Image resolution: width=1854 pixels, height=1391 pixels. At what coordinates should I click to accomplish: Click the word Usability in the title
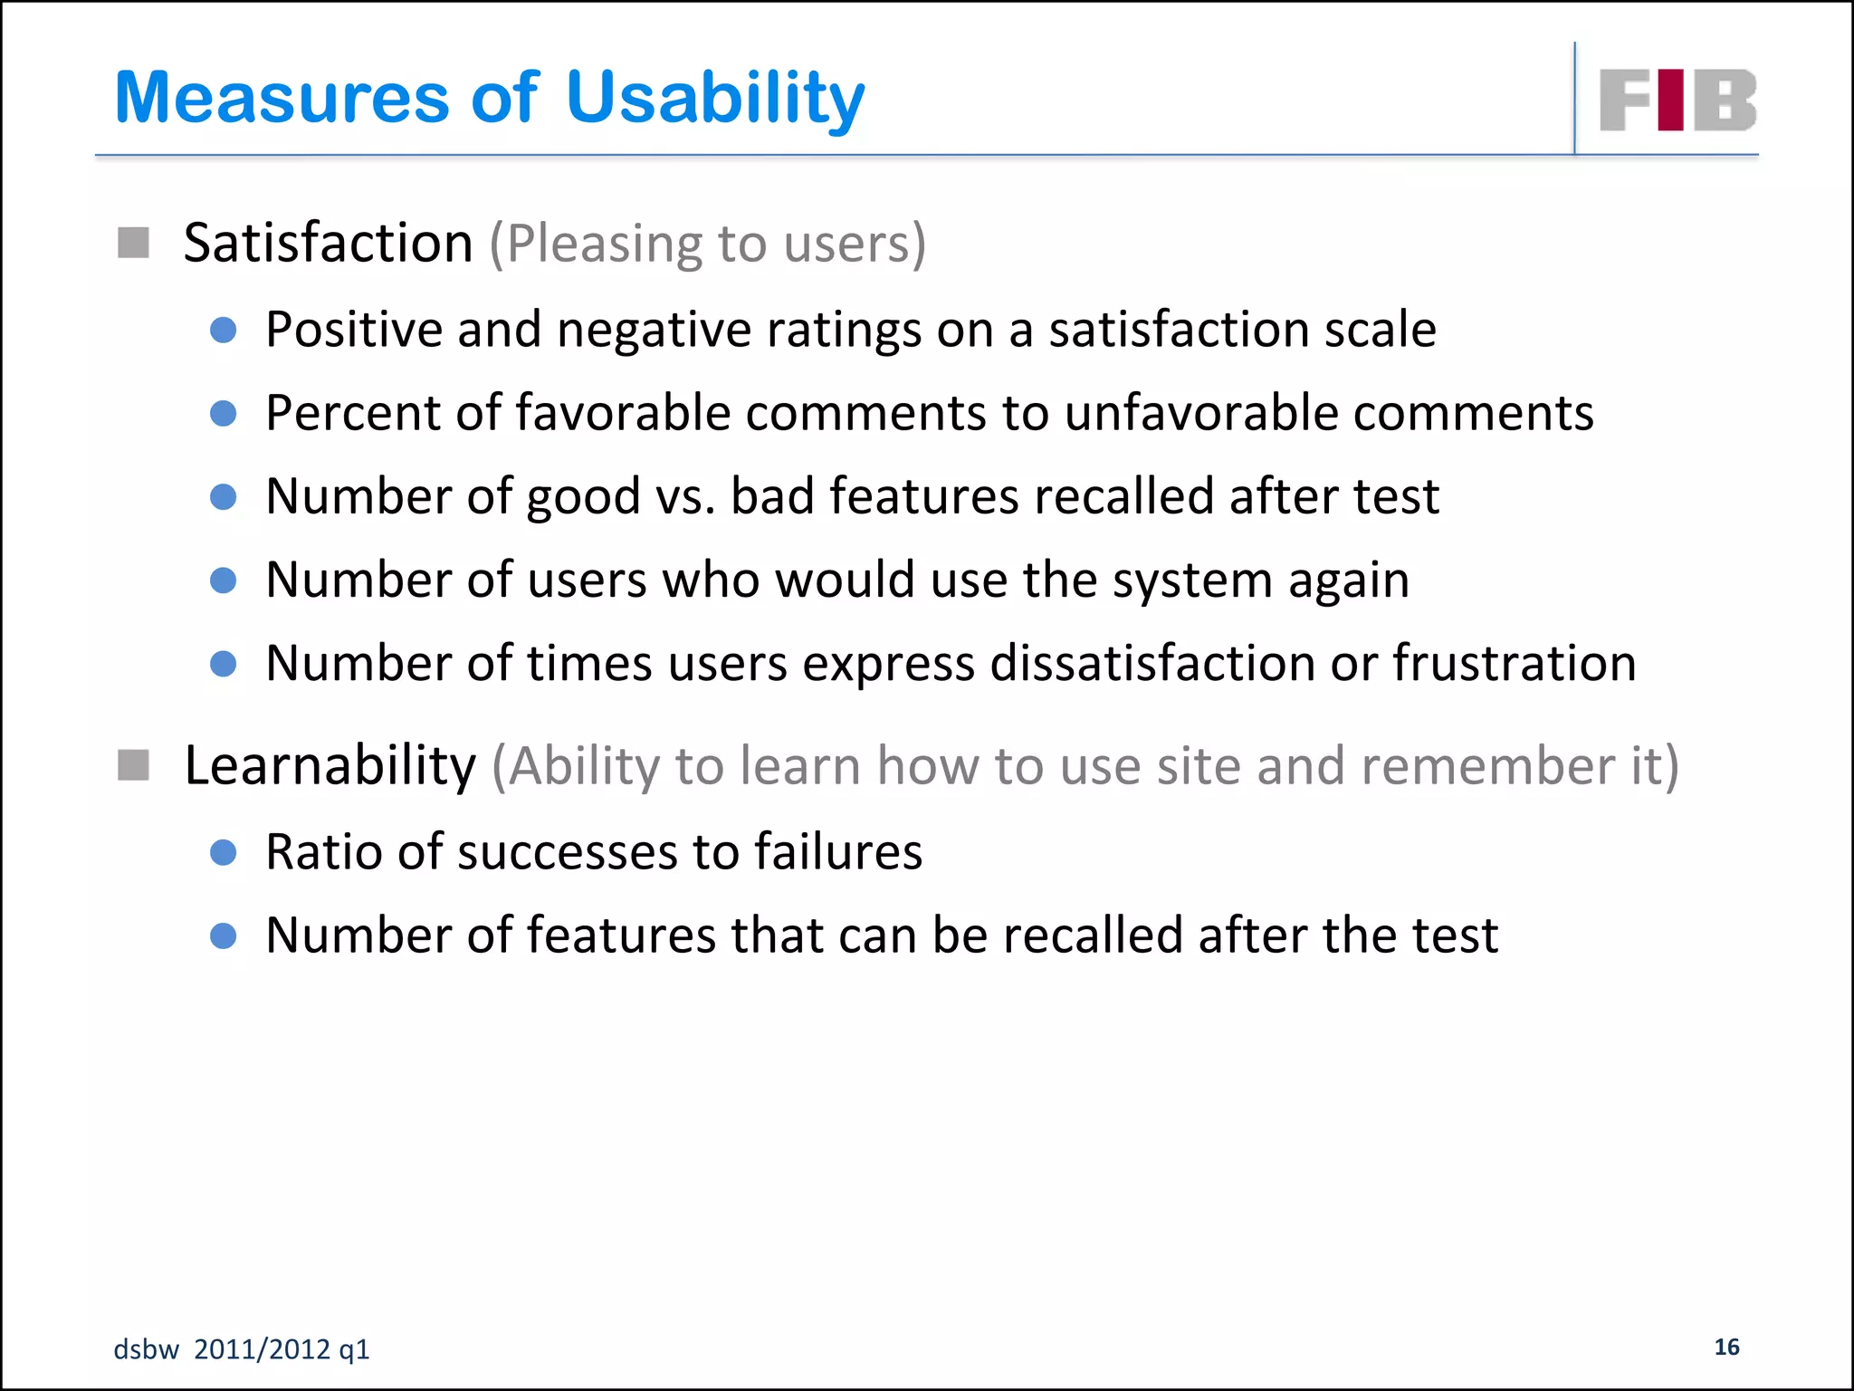pos(715,98)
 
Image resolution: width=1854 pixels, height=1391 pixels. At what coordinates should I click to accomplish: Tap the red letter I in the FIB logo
pos(1673,100)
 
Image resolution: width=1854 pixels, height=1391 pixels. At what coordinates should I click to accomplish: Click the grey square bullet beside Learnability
pos(133,765)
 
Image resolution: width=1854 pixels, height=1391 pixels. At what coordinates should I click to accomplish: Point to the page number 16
pos(1726,1347)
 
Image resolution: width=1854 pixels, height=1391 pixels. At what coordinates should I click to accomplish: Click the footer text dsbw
pos(146,1349)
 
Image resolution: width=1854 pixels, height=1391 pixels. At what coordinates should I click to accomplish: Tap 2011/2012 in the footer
pos(263,1349)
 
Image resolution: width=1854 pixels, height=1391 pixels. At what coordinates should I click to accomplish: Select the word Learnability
pos(330,765)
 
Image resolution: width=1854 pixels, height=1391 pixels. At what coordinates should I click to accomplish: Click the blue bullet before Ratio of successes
pos(223,852)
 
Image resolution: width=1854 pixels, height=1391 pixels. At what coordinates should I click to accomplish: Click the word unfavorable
pos(1200,413)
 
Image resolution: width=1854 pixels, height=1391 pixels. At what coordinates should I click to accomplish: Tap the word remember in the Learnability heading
pos(1487,766)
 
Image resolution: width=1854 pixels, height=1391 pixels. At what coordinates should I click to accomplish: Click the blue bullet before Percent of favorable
pos(223,414)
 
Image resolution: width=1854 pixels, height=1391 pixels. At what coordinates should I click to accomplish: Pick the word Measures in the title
pos(282,98)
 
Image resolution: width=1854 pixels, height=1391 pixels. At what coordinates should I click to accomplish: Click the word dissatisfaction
pos(1152,663)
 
